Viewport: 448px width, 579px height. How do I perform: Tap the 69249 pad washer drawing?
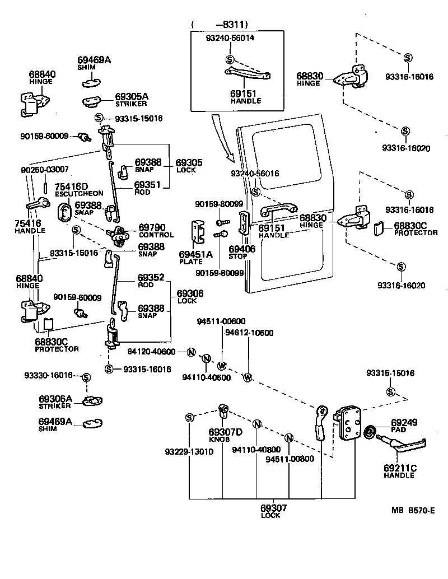point(370,432)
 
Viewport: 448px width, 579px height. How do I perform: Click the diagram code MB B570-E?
point(413,510)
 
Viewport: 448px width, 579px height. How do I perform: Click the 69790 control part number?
point(152,227)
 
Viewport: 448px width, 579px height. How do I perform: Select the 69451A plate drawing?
point(198,233)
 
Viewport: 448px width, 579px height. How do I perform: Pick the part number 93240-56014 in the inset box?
point(230,38)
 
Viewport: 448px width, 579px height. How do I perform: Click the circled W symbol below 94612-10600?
point(248,378)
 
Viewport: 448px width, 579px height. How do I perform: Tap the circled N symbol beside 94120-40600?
point(191,352)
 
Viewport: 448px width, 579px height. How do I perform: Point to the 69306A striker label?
point(55,399)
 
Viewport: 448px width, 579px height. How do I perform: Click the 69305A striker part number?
point(132,96)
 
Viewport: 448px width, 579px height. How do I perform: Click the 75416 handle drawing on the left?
point(36,206)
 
